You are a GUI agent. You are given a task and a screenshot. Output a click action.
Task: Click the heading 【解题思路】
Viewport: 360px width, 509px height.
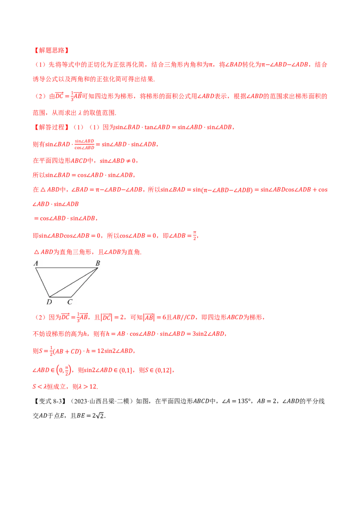tap(51, 50)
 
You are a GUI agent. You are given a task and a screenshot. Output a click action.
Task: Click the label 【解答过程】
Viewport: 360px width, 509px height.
tap(51, 127)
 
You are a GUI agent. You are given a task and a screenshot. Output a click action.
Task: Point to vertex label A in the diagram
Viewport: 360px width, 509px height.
tap(36, 263)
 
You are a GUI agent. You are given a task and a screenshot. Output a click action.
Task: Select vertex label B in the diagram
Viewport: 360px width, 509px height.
tap(98, 263)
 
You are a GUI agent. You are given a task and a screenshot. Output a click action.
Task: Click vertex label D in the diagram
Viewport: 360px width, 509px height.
tap(49, 302)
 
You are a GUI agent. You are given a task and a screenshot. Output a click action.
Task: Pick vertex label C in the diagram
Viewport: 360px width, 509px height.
tap(70, 302)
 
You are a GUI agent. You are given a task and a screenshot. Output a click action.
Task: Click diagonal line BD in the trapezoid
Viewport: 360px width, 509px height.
tap(73, 282)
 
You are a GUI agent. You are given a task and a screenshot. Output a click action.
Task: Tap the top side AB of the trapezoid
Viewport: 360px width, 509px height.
tap(67, 268)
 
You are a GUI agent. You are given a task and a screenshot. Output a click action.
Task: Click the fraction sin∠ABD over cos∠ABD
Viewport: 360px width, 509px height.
tap(84, 144)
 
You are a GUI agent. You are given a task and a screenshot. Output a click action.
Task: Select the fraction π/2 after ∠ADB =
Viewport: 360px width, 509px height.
tap(194, 236)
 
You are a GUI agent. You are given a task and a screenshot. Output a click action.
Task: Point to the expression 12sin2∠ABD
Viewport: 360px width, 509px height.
tap(115, 351)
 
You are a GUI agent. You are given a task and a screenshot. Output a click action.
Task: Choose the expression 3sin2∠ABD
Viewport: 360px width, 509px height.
tap(208, 334)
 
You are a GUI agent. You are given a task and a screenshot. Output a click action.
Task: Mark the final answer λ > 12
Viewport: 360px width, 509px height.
tap(88, 387)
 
